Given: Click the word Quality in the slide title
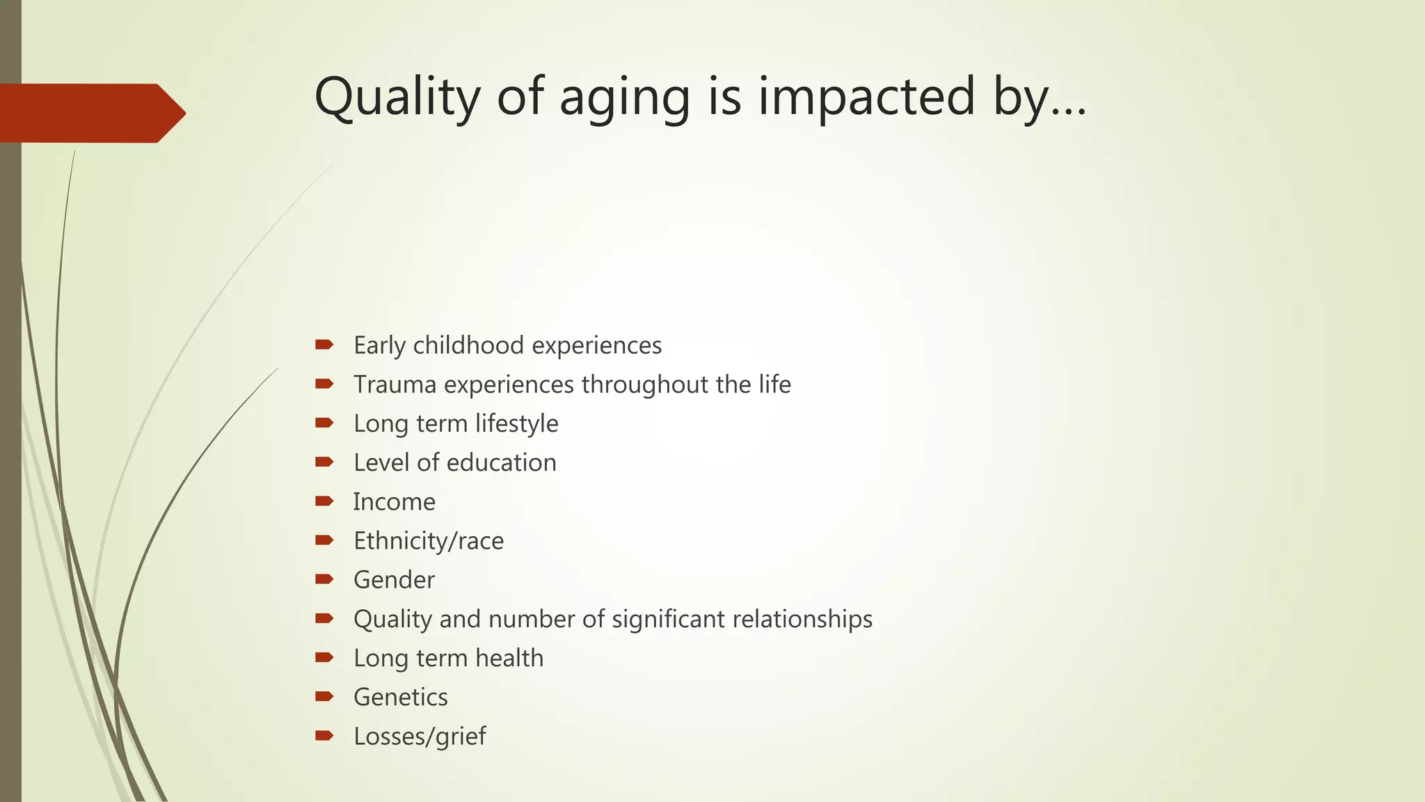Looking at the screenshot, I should point(397,97).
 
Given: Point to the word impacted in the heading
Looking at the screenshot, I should point(867,97).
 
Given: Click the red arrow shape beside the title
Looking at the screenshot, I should point(90,113).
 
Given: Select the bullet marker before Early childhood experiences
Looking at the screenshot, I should point(324,345).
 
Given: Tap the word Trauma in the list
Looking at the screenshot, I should point(395,384).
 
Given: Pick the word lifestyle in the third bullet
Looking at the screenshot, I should point(517,424).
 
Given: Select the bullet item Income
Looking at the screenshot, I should point(394,502).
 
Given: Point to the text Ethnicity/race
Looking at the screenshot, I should point(429,541).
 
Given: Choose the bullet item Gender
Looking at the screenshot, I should point(394,580).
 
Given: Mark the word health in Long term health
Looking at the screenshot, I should point(509,658).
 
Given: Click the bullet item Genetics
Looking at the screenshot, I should point(400,697).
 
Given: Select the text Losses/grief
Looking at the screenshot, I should point(420,737).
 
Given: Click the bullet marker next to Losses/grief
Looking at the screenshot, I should point(324,735).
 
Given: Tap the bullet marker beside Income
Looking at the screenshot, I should point(324,501).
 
